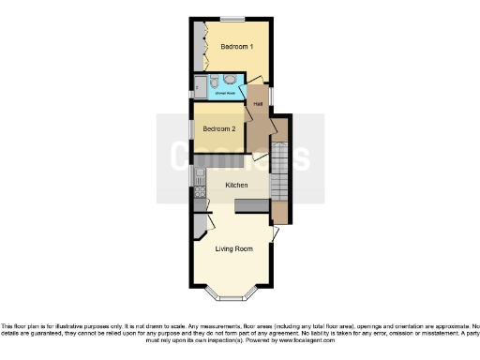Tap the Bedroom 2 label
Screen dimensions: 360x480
pyautogui.click(x=219, y=128)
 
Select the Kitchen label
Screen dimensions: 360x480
pyautogui.click(x=235, y=186)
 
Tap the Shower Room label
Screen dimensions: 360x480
pyautogui.click(x=225, y=93)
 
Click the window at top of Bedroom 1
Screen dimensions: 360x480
pyautogui.click(x=232, y=18)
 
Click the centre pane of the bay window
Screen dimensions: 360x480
pyautogui.click(x=232, y=298)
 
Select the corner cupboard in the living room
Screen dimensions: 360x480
pyautogui.click(x=199, y=226)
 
